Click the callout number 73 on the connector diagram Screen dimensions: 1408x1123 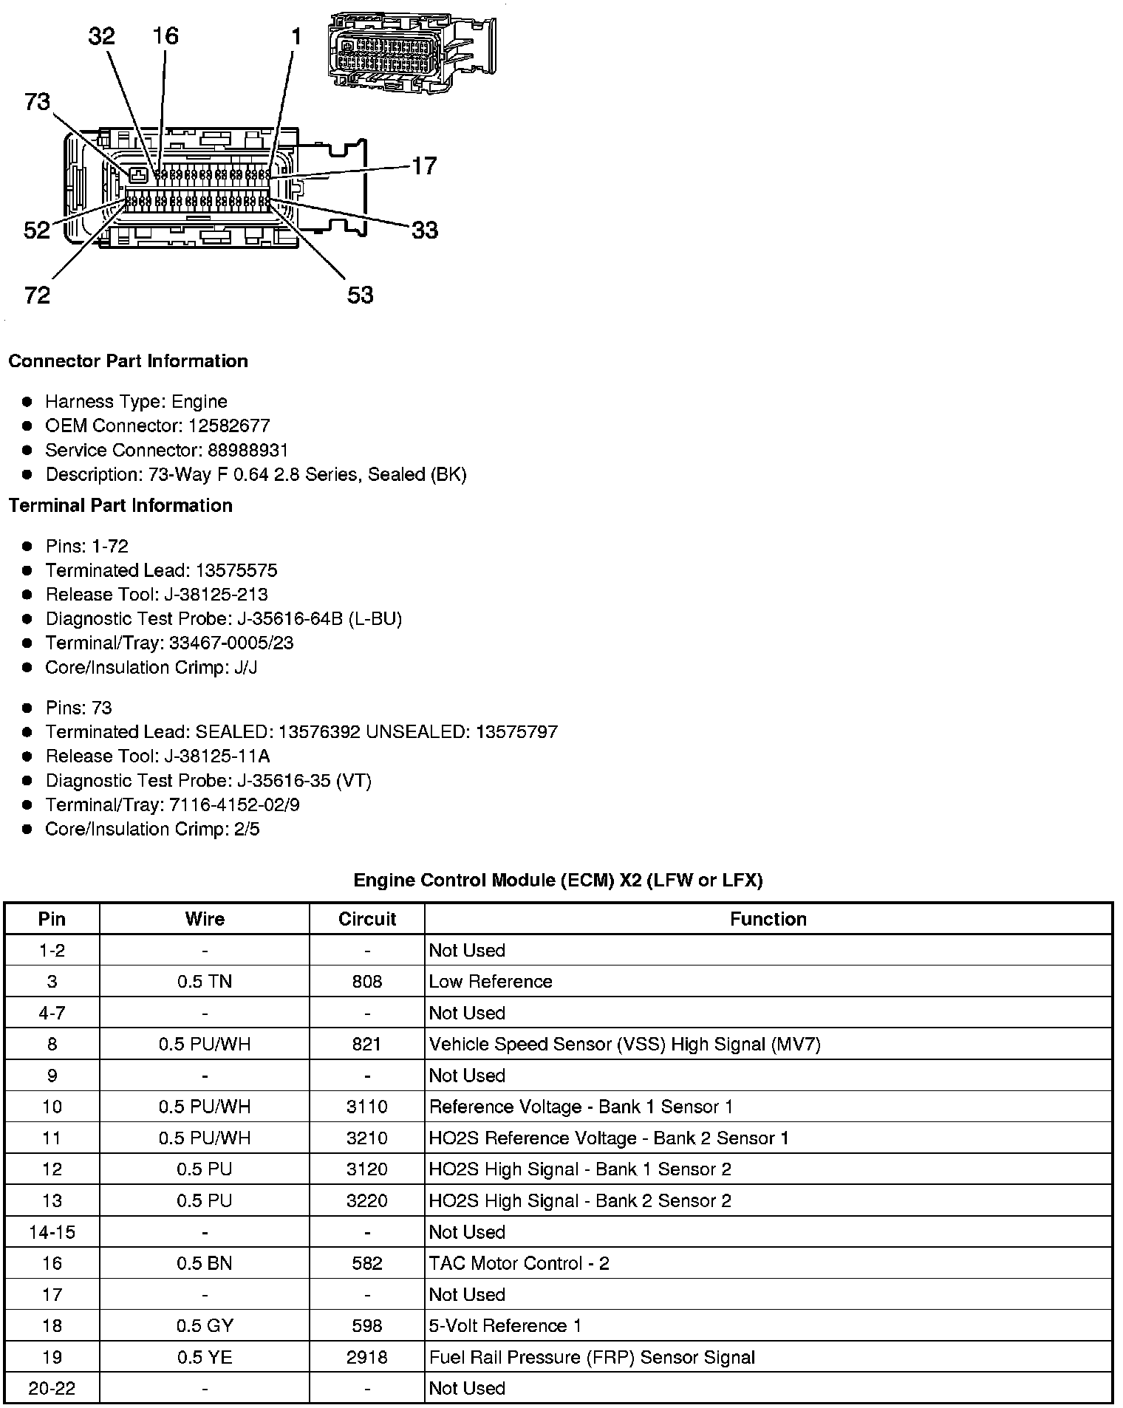pos(37,102)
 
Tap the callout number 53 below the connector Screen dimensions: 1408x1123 pos(360,295)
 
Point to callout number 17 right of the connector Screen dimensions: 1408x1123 pos(424,165)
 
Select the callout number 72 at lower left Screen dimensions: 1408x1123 pos(37,295)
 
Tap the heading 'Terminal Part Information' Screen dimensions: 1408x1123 pos(120,505)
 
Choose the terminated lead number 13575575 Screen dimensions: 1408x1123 pos(236,570)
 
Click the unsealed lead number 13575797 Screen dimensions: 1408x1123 pos(516,732)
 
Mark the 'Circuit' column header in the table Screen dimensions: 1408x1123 pos(367,919)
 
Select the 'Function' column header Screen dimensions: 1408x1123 pos(768,919)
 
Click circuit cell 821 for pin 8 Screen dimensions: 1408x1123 pos(367,1044)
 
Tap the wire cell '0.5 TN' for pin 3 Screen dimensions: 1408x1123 pos(205,982)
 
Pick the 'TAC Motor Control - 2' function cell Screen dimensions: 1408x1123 pos(519,1263)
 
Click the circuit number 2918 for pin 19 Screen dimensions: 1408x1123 pos(367,1357)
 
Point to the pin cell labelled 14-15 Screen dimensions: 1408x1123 pos(52,1232)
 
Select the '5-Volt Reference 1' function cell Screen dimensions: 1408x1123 pos(505,1326)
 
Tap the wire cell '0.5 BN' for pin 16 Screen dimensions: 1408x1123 pos(205,1263)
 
